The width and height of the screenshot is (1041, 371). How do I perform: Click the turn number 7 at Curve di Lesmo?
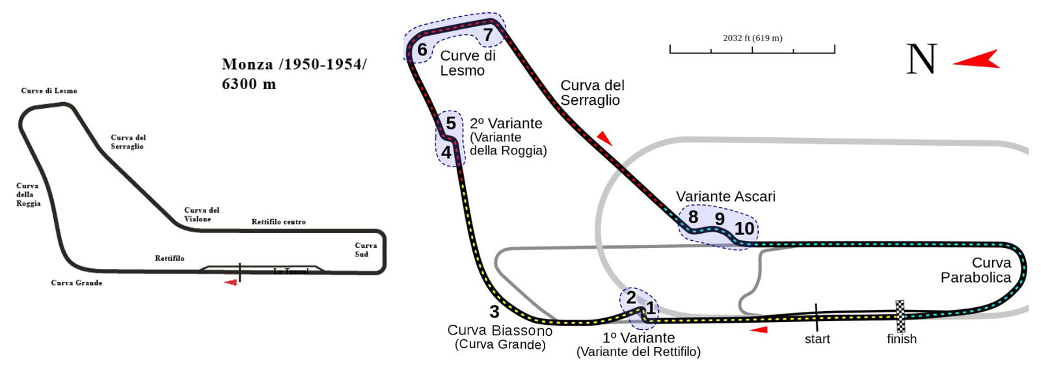[x=487, y=35]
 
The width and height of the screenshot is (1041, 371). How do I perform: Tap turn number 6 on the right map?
[x=422, y=50]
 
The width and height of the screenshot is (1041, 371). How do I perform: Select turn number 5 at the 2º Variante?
[x=450, y=123]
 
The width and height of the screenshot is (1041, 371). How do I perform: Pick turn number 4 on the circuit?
[x=446, y=152]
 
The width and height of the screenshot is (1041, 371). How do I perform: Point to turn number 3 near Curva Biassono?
[x=494, y=312]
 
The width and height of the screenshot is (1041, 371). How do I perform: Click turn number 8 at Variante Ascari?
[x=693, y=217]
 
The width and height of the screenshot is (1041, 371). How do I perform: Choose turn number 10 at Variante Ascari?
[x=744, y=228]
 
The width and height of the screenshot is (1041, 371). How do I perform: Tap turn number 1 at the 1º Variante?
[x=650, y=309]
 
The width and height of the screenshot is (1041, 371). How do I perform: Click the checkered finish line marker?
[x=900, y=316]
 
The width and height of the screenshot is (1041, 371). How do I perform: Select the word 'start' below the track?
[x=817, y=339]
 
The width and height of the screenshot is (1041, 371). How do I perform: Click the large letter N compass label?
[x=921, y=59]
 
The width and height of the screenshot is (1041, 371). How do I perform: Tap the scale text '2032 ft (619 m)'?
[x=753, y=38]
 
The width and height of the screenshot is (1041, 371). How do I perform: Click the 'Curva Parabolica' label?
[x=976, y=270]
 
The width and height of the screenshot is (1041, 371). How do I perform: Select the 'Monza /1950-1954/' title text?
[x=294, y=64]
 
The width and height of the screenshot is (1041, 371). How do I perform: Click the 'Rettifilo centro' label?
[x=278, y=222]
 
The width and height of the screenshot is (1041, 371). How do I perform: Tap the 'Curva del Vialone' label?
[x=202, y=215]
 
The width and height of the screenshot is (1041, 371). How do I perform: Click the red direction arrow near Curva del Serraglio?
[x=604, y=137]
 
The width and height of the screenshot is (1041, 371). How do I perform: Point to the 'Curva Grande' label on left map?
[x=77, y=282]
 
